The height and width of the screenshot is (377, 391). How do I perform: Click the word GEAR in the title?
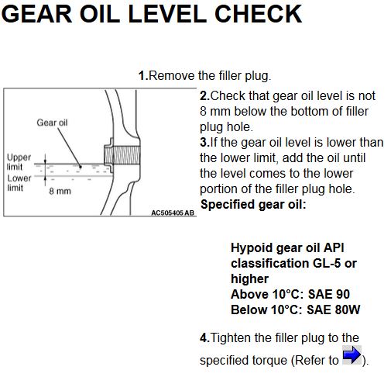[x=36, y=14]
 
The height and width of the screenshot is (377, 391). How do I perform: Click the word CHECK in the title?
[x=258, y=14]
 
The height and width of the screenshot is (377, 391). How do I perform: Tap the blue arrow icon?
[x=352, y=355]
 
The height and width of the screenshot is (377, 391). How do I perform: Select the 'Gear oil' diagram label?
[x=52, y=123]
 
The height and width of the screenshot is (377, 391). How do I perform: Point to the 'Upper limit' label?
[x=19, y=162]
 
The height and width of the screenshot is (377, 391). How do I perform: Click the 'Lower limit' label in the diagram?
[x=19, y=183]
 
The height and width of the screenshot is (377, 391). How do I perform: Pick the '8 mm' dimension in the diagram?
[x=60, y=191]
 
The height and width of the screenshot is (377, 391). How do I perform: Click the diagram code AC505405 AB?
[x=173, y=213]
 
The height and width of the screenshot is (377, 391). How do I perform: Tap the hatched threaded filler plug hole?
[x=122, y=155]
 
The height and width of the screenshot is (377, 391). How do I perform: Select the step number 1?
[x=143, y=75]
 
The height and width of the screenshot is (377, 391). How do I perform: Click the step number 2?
[x=204, y=95]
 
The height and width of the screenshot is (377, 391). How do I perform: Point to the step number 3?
[x=204, y=142]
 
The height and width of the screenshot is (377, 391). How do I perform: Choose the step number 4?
[x=204, y=337]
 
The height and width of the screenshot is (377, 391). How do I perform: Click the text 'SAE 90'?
[x=329, y=294]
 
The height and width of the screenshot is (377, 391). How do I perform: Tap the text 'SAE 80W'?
[x=334, y=310]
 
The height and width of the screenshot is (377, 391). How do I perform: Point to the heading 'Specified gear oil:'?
[x=253, y=205]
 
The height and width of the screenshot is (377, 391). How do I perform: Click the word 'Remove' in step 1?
[x=172, y=75]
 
